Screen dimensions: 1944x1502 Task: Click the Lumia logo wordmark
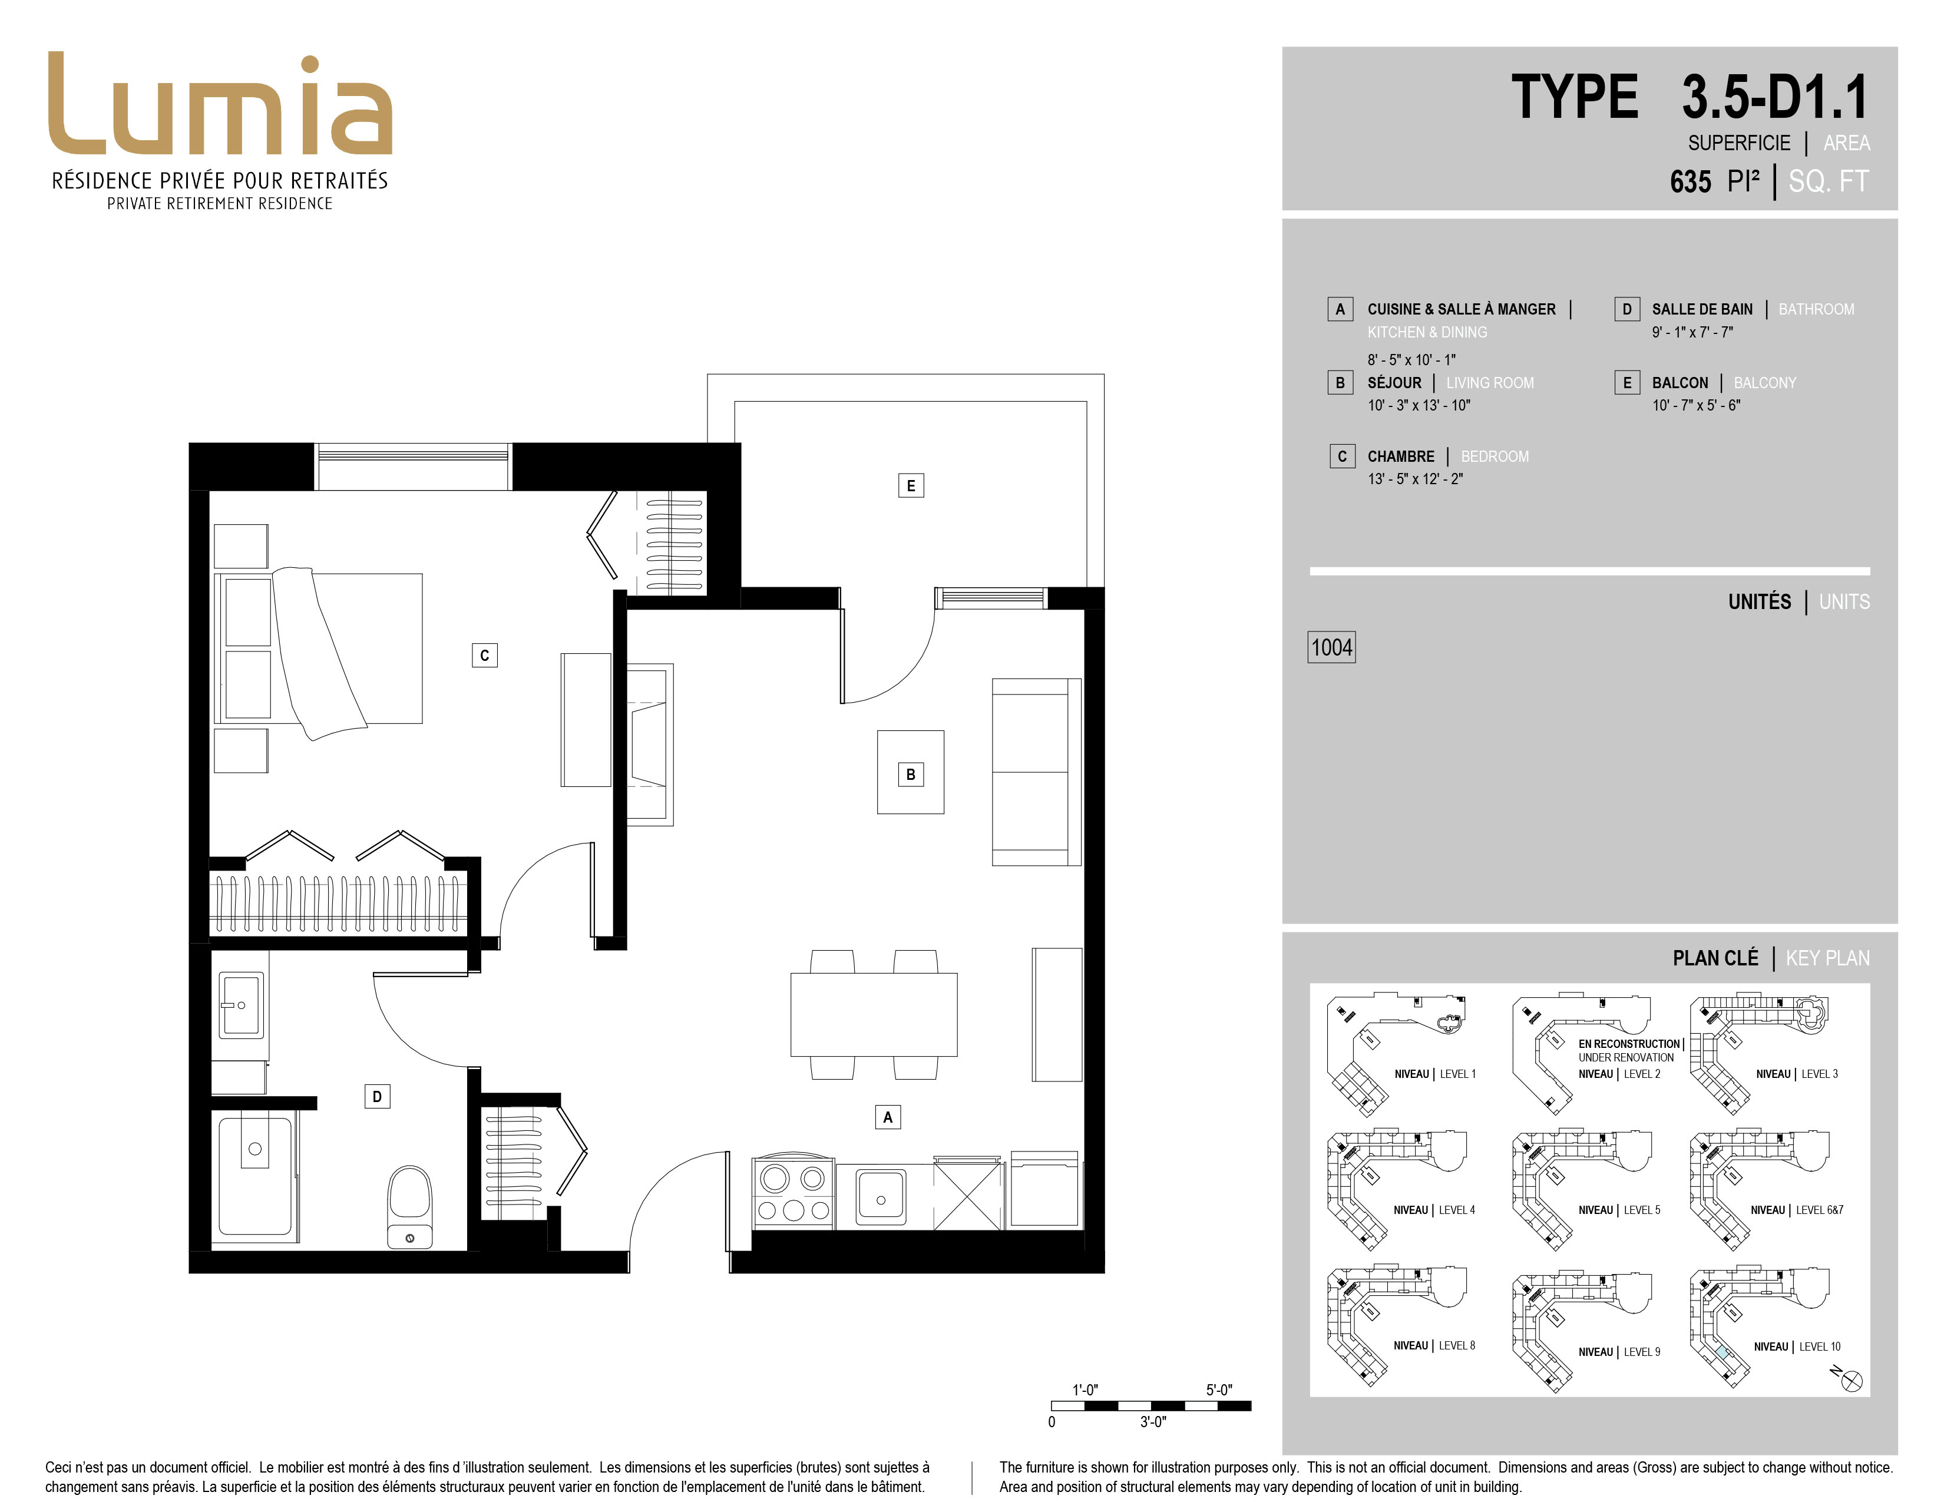pos(220,104)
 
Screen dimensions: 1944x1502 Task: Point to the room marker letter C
pos(484,656)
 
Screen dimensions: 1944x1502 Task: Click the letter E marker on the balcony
pos(911,486)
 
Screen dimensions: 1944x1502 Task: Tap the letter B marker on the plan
pos(911,774)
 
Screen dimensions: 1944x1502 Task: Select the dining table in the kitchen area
pos(874,1014)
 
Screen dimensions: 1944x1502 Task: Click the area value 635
pos(1690,181)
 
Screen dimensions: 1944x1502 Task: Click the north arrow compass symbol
pos(1850,1380)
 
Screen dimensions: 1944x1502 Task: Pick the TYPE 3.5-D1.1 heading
pos(1690,97)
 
